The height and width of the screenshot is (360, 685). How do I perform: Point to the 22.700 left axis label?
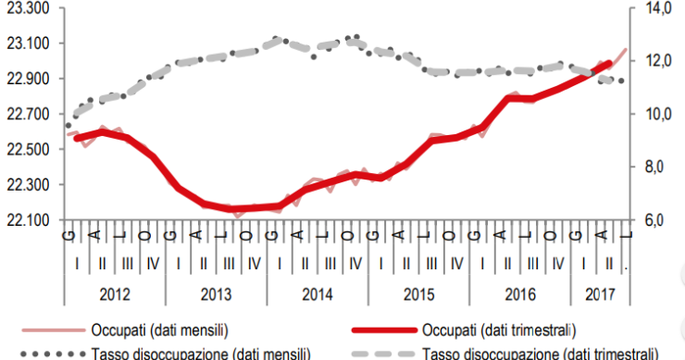coord(29,114)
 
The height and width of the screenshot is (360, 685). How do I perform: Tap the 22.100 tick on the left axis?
coord(29,220)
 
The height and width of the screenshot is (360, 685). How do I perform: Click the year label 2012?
coord(115,292)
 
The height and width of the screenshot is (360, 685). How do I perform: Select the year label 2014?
coord(318,292)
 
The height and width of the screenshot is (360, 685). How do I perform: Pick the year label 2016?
coord(519,292)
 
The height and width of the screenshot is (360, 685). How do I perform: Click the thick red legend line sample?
coord(380,329)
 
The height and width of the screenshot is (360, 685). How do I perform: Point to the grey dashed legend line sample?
coord(380,353)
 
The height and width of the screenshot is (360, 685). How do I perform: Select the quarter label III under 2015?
coord(431,264)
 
